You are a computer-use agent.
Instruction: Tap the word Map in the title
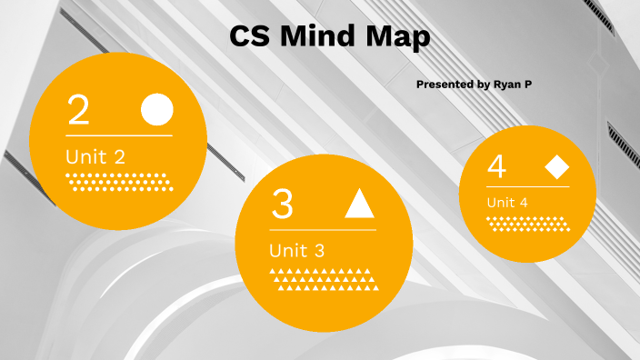pyautogui.click(x=399, y=37)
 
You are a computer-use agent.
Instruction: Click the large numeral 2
pyautogui.click(x=78, y=110)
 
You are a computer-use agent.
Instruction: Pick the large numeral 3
pyautogui.click(x=283, y=205)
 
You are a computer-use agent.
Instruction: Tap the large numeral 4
pyautogui.click(x=496, y=167)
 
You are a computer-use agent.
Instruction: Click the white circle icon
pyautogui.click(x=156, y=109)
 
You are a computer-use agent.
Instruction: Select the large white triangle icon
pyautogui.click(x=359, y=205)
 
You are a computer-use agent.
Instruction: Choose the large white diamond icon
pyautogui.click(x=556, y=167)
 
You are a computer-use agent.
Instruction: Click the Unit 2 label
pyautogui.click(x=95, y=156)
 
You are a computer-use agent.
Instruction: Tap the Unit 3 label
pyautogui.click(x=296, y=250)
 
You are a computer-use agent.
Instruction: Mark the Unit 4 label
pyautogui.click(x=506, y=202)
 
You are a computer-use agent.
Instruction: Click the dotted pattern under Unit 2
pyautogui.click(x=119, y=181)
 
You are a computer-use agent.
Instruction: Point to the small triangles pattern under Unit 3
pyautogui.click(x=323, y=280)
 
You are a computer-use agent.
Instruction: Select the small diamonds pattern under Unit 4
pyautogui.click(x=527, y=224)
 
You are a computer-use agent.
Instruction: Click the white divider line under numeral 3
pyautogui.click(x=323, y=230)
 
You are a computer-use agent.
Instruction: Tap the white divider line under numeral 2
pyautogui.click(x=119, y=135)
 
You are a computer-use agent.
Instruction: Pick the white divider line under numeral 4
pyautogui.click(x=527, y=186)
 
